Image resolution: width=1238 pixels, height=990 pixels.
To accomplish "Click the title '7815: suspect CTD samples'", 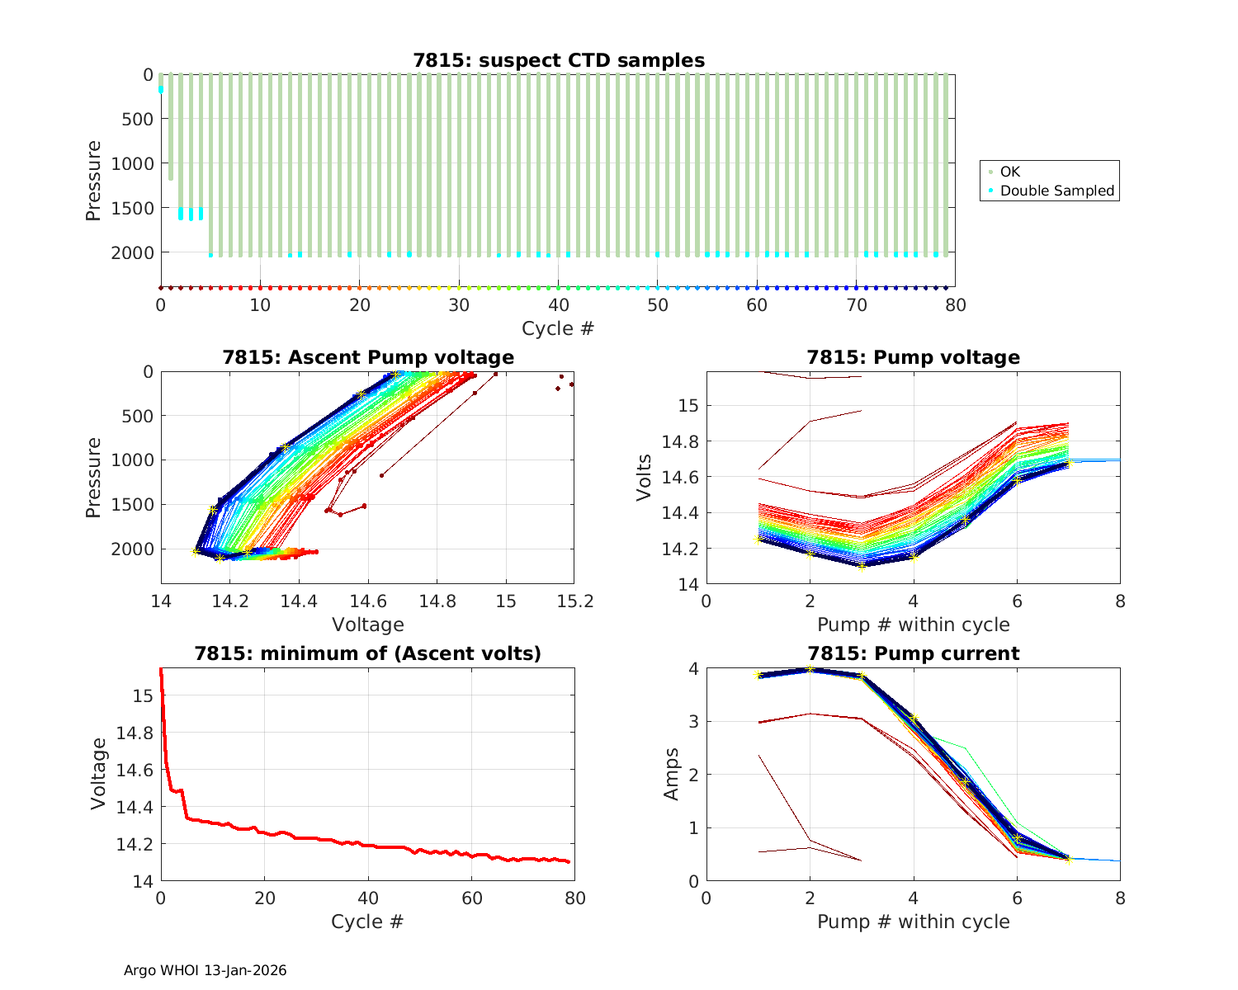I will coord(559,60).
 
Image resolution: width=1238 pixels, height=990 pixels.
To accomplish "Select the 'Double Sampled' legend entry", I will coord(1056,191).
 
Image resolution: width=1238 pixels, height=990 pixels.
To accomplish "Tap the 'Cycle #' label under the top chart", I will coord(558,328).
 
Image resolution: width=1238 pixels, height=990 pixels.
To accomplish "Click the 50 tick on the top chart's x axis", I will coord(658,305).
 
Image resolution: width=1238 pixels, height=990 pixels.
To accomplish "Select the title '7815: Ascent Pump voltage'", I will coord(368,357).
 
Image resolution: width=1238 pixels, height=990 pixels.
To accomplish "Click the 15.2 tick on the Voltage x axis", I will coord(575,602).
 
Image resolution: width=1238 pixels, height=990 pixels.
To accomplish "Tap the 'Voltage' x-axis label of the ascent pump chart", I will coord(368,625).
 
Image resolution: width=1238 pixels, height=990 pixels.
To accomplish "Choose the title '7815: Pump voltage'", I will coord(913,357).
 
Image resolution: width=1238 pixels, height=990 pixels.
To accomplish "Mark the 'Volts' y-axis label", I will coord(645,478).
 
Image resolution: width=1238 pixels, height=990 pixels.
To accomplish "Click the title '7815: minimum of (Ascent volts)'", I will coord(368,653).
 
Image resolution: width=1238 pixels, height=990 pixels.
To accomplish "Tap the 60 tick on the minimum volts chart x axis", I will coord(471,898).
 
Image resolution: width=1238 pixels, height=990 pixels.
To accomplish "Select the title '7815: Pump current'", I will coord(913,653).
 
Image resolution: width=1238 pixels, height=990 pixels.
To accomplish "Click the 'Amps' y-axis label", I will coord(673,774).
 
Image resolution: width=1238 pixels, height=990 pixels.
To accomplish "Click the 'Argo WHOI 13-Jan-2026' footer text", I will coord(206,970).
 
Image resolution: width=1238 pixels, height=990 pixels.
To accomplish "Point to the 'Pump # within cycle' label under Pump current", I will coord(913,922).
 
